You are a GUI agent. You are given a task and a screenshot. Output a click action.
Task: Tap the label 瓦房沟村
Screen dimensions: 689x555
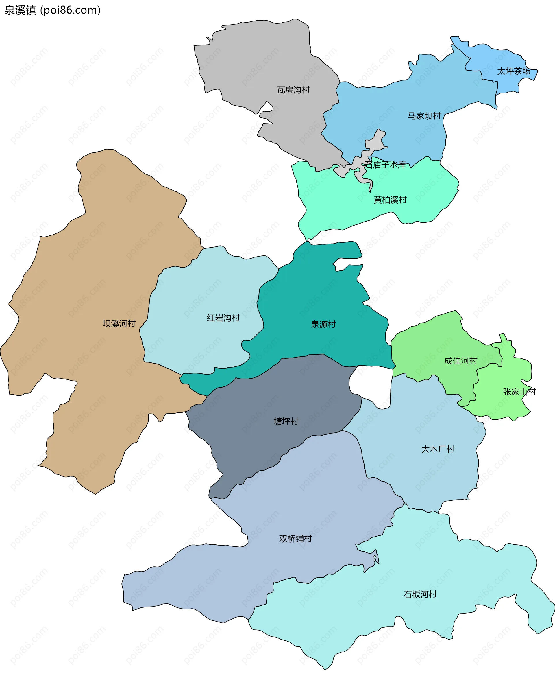coord(293,90)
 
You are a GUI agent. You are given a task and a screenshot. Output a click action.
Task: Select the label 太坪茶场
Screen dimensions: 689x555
coord(513,71)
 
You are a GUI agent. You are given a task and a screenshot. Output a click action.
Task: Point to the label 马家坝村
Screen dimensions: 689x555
coord(424,116)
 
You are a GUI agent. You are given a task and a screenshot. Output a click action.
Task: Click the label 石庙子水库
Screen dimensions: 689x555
coord(385,165)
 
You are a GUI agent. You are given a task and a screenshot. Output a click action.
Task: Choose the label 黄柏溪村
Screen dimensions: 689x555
coord(390,200)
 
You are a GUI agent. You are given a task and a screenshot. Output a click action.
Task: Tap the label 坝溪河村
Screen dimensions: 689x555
coord(119,324)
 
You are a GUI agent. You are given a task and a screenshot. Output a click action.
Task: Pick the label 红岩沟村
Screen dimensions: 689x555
coord(223,318)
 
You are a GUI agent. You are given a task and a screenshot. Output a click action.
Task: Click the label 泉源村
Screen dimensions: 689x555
coord(323,324)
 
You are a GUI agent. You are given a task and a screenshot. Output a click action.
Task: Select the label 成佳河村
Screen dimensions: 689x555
coord(460,361)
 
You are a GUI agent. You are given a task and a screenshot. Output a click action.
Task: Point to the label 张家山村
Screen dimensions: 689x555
coord(519,392)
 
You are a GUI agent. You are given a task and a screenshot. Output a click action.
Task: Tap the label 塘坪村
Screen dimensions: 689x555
coord(286,421)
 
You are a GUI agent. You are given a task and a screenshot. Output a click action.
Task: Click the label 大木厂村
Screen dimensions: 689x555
coord(438,449)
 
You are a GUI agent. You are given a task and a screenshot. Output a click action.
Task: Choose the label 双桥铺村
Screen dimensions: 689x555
coord(295,539)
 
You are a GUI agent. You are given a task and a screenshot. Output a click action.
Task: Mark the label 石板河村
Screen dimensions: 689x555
coord(420,594)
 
